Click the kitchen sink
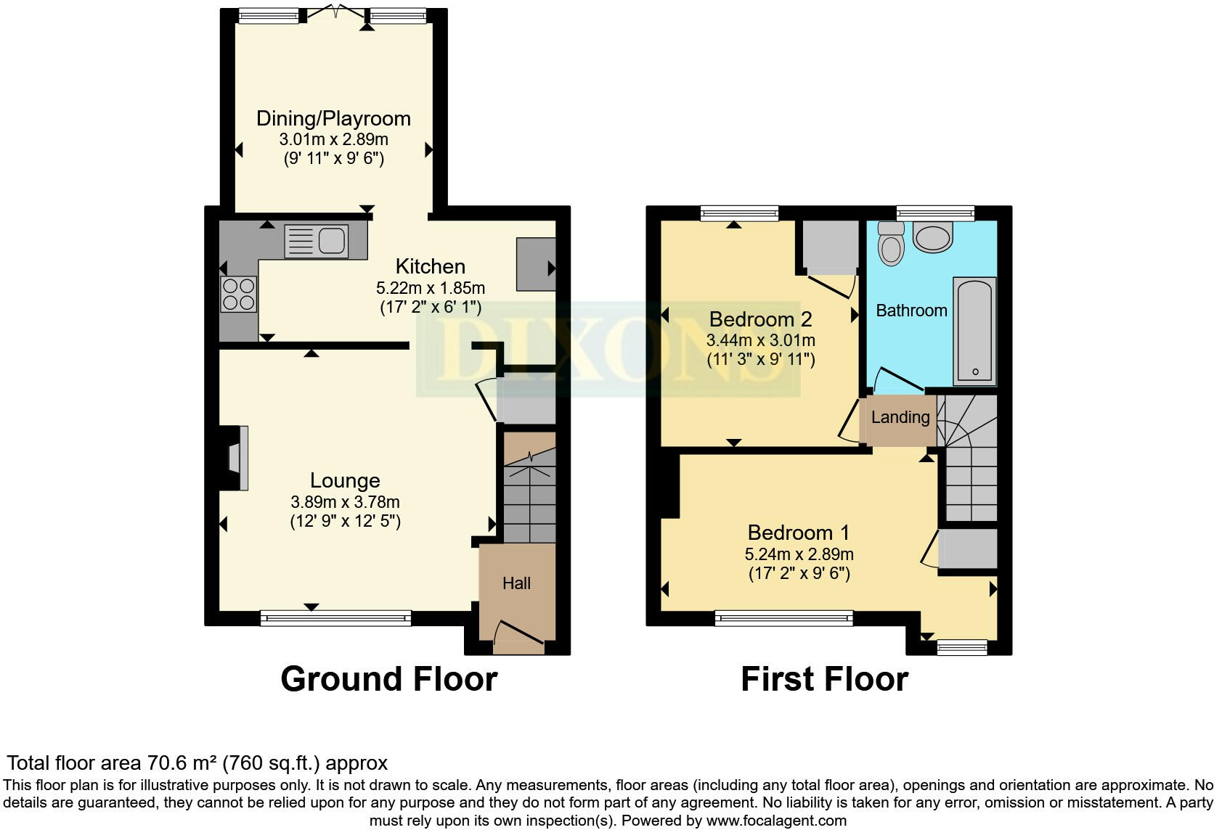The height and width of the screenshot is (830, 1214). [x=317, y=241]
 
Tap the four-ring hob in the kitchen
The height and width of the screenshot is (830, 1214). [x=238, y=294]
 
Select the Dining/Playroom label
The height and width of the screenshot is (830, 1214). [x=333, y=118]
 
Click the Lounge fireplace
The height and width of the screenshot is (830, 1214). [x=238, y=458]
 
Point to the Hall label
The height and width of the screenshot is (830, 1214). [x=516, y=583]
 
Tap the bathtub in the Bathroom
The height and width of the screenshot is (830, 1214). [x=975, y=331]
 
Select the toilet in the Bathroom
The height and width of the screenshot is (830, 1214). [x=890, y=245]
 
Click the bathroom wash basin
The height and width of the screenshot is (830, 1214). [x=932, y=237]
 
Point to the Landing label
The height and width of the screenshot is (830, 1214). [x=900, y=417]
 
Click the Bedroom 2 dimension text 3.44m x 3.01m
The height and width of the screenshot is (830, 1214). [x=760, y=340]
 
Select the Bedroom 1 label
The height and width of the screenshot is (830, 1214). [x=798, y=533]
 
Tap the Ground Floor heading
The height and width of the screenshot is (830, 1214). [x=388, y=679]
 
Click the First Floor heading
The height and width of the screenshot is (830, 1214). [x=824, y=679]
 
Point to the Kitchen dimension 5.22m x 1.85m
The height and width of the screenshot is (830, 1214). [x=431, y=287]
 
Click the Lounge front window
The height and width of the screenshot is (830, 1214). [x=335, y=618]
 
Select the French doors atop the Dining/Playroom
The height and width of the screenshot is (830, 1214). [x=334, y=14]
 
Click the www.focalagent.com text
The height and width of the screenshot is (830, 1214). [x=775, y=821]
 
